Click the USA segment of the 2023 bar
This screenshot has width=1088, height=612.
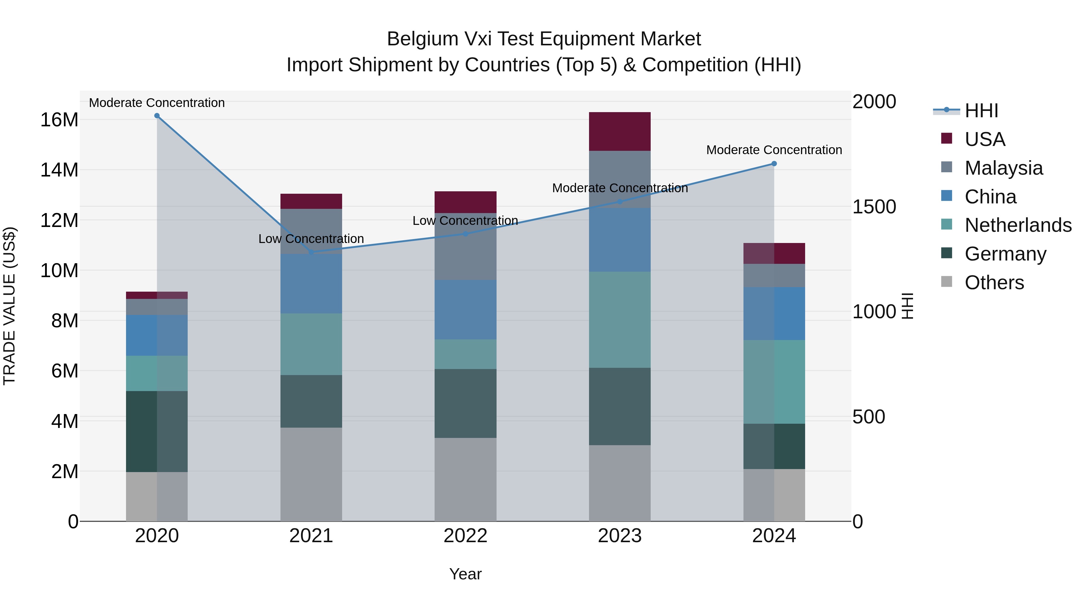[620, 131]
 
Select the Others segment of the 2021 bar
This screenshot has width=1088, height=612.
[311, 474]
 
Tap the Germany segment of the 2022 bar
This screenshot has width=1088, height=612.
[465, 403]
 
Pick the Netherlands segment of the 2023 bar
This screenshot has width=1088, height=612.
[620, 320]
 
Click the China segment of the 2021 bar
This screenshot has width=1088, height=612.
[311, 284]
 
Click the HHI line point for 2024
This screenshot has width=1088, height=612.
[774, 164]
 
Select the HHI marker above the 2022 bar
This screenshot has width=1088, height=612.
[465, 234]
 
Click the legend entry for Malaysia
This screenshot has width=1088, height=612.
[1003, 168]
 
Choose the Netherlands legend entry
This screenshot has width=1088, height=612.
[1018, 225]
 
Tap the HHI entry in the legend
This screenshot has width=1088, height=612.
[981, 111]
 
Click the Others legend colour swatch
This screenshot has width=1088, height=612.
[947, 282]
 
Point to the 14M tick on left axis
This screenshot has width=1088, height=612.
[59, 170]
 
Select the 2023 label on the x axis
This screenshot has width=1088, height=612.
[620, 536]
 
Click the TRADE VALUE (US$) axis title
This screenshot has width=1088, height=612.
[9, 306]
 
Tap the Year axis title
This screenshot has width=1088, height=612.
[465, 574]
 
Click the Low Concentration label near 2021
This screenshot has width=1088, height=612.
[311, 239]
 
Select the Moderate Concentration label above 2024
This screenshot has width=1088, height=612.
[774, 150]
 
